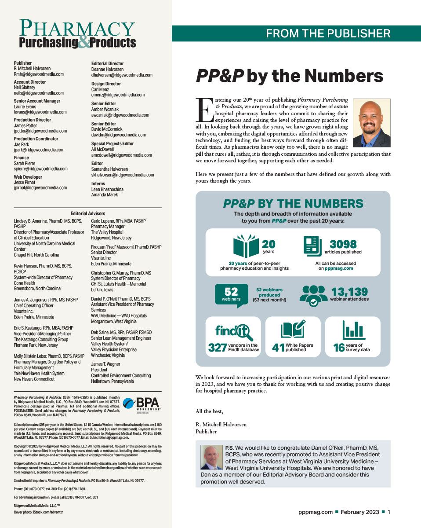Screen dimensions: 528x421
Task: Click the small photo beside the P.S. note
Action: pos(211,457)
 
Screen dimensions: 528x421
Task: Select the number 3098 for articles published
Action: pos(343,244)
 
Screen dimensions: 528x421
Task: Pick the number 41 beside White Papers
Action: pos(278,348)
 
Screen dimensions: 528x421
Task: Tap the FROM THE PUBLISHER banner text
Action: pos(328,33)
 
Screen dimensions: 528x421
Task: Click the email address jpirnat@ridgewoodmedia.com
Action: pos(40,187)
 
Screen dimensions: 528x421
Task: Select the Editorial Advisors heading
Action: pos(88,213)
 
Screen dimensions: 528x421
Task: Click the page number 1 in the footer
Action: pos(389,512)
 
